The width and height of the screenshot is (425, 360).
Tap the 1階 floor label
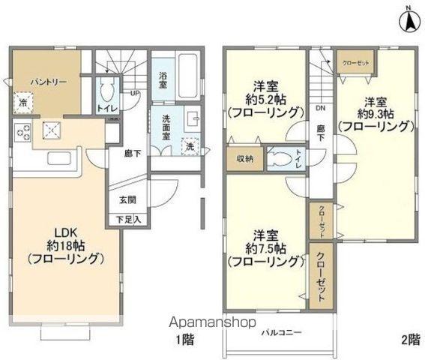187,340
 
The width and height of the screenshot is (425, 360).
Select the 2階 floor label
410,340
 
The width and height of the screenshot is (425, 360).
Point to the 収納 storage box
244,157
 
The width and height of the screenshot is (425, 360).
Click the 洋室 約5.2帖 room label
266,101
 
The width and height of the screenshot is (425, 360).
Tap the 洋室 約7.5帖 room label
266,247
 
